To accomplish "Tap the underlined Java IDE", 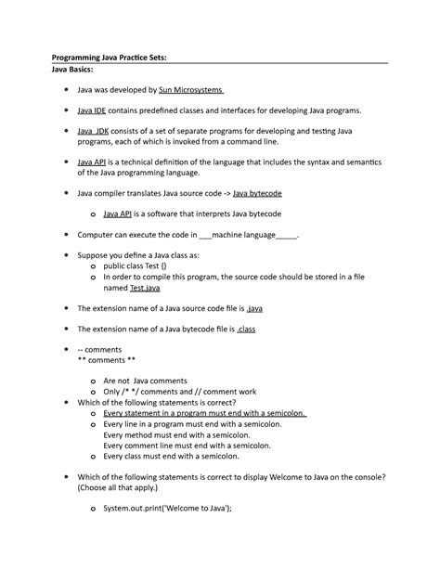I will [91, 110].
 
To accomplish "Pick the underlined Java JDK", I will [93, 132].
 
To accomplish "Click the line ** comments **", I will [107, 359].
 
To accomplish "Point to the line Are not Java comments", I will [146, 381].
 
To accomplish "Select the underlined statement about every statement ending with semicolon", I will [205, 413].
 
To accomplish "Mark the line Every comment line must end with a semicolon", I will [201, 445].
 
